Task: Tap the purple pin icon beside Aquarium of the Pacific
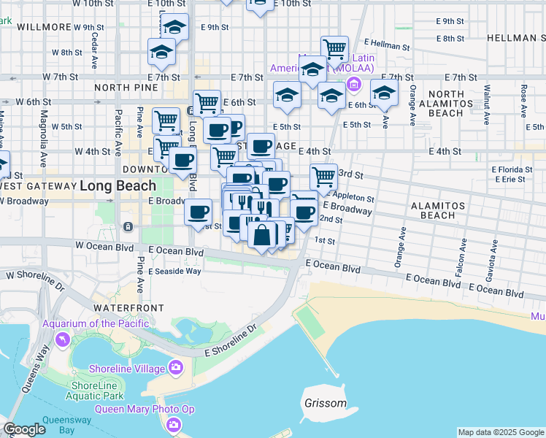pos(62,339)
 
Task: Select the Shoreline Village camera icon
pos(175,367)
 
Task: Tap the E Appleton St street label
pos(352,197)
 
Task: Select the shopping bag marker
pos(261,235)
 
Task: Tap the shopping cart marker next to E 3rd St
pos(323,175)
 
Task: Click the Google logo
pos(25,429)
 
